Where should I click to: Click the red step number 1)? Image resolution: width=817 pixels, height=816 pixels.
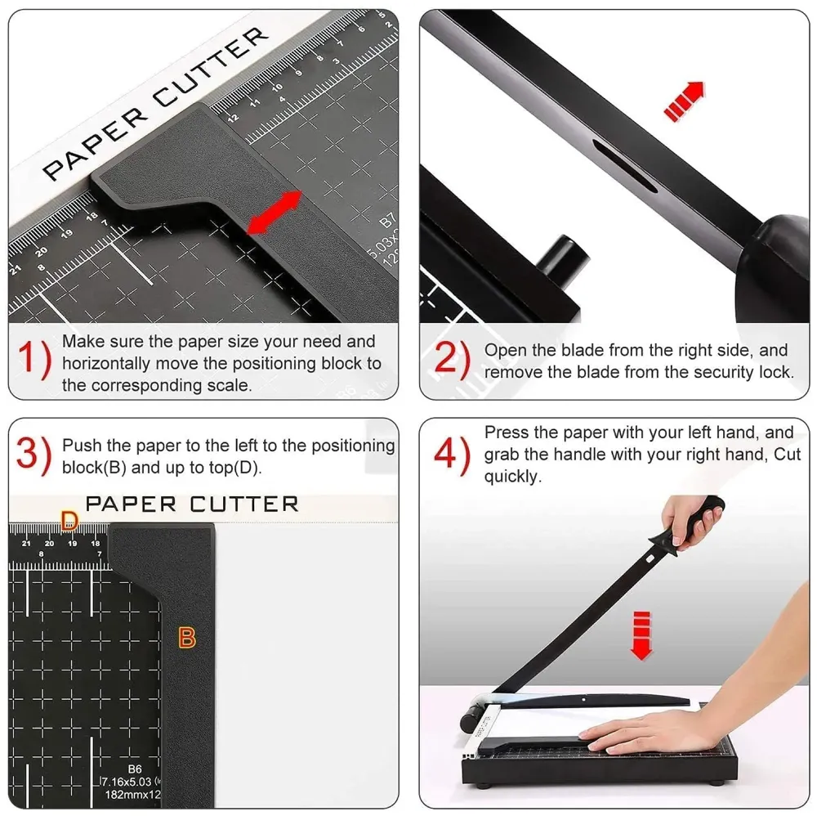[33, 360]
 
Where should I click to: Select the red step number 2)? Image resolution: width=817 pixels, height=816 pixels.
[452, 360]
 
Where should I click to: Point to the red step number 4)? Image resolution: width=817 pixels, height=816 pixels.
[452, 455]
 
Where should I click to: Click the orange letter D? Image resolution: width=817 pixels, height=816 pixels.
[70, 520]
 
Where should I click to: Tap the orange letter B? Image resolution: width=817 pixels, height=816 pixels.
[187, 638]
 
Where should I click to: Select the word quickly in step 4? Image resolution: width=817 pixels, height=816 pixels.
[513, 477]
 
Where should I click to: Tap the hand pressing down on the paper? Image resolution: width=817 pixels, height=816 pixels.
[645, 730]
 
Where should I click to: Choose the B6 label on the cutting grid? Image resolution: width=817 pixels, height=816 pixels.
[134, 769]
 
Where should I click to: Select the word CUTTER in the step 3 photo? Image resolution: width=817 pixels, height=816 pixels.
[244, 504]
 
